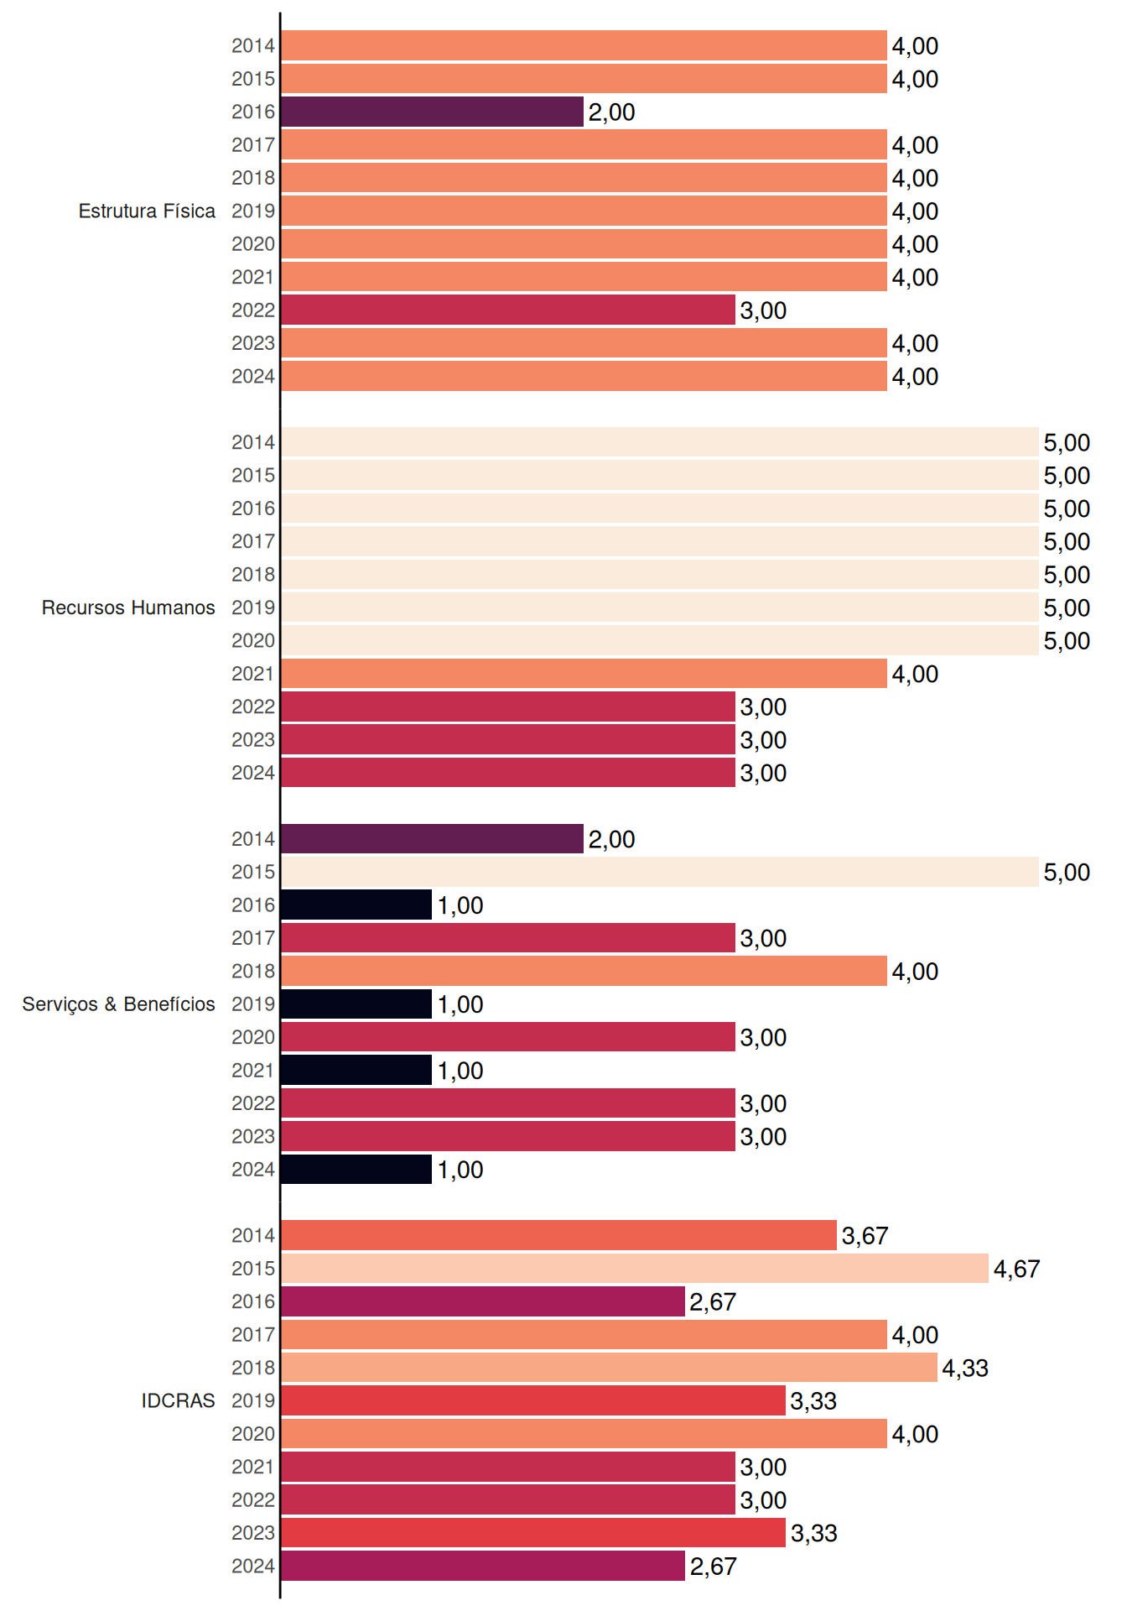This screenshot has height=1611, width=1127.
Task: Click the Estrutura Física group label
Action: tap(147, 211)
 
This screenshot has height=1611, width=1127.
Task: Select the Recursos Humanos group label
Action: tap(128, 607)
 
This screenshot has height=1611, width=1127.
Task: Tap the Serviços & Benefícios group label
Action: tap(118, 1004)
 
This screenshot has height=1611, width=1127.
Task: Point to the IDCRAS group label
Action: tap(178, 1400)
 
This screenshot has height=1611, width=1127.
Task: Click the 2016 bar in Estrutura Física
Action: tap(432, 112)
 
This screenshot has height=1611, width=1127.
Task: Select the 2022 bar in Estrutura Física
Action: tap(508, 310)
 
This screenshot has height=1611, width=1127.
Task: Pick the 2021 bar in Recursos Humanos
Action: tap(584, 673)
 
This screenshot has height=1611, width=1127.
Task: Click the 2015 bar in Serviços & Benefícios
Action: tap(660, 872)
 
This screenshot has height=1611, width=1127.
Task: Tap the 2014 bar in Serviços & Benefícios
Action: tap(432, 838)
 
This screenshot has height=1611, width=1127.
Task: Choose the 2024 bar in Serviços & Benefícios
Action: tap(356, 1169)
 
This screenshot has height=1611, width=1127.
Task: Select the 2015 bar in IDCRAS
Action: tap(635, 1268)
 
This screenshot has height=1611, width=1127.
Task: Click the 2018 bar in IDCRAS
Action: tap(609, 1367)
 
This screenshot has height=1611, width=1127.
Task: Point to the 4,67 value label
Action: tap(1016, 1269)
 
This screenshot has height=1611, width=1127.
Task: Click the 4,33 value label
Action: tap(965, 1368)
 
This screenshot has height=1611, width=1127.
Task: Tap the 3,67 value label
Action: tap(865, 1235)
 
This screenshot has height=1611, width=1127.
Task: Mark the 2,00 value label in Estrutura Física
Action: tap(611, 112)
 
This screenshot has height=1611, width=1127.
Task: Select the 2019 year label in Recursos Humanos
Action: tap(253, 607)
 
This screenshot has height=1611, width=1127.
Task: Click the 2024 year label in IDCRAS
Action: tap(253, 1566)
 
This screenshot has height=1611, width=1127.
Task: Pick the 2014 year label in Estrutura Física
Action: tap(253, 45)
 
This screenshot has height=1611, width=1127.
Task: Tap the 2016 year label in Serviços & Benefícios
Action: tap(253, 905)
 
